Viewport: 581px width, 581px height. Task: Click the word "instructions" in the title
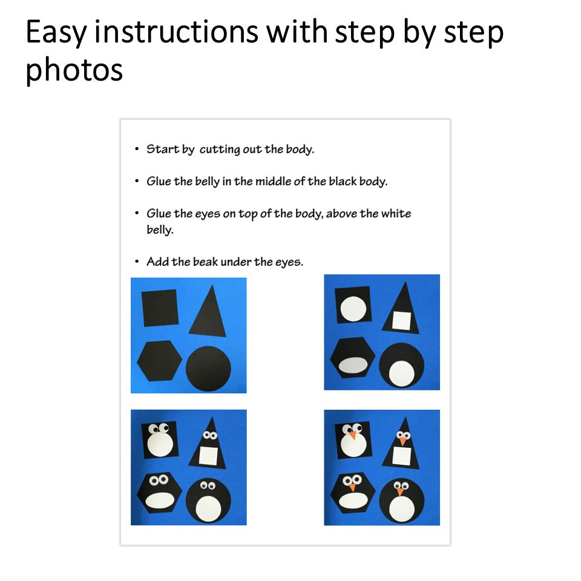[176, 31]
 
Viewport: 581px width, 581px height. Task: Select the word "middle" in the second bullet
[273, 181]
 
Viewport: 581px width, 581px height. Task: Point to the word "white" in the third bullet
[396, 214]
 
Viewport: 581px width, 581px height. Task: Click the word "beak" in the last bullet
[205, 261]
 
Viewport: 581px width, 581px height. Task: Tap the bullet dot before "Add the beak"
[137, 261]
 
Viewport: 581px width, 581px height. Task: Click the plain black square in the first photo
[160, 308]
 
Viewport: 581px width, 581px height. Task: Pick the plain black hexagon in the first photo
[159, 361]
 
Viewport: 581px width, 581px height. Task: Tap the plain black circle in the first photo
[208, 369]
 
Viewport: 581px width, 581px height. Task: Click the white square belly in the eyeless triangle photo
[402, 321]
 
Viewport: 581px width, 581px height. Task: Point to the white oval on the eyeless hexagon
[353, 366]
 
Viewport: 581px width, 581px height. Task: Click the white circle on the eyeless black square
[353, 309]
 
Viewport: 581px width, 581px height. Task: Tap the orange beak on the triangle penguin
[403, 441]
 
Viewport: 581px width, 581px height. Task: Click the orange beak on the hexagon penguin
[352, 487]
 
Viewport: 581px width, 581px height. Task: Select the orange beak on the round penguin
[400, 491]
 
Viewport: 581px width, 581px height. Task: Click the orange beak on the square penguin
[352, 435]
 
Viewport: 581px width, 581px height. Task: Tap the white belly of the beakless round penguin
[208, 509]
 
